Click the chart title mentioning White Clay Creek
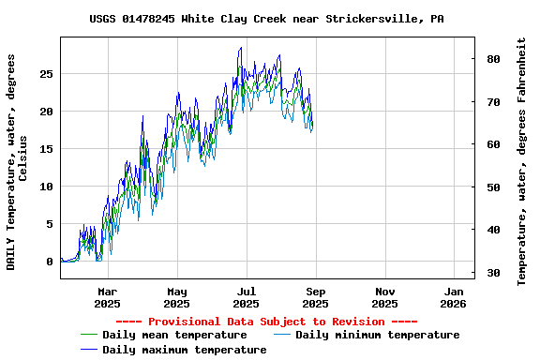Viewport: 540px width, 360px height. click(266, 19)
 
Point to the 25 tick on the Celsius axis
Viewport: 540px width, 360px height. click(46, 74)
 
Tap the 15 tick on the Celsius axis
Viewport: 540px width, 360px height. click(46, 149)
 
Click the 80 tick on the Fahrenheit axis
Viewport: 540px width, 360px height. click(492, 59)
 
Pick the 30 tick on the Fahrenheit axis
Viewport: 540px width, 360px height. click(492, 273)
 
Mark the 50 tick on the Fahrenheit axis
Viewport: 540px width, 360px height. click(492, 187)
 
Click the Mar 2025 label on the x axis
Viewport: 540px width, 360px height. click(107, 297)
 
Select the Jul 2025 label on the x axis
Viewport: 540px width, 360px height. click(246, 297)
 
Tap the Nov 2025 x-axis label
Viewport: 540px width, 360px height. click(384, 297)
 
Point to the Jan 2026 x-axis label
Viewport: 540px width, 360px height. click(454, 297)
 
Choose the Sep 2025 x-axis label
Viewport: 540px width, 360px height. click(315, 297)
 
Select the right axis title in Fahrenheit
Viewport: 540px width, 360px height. click(521, 162)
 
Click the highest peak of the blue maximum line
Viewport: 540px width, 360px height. click(241, 48)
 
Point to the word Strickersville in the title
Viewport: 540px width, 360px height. click(369, 19)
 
